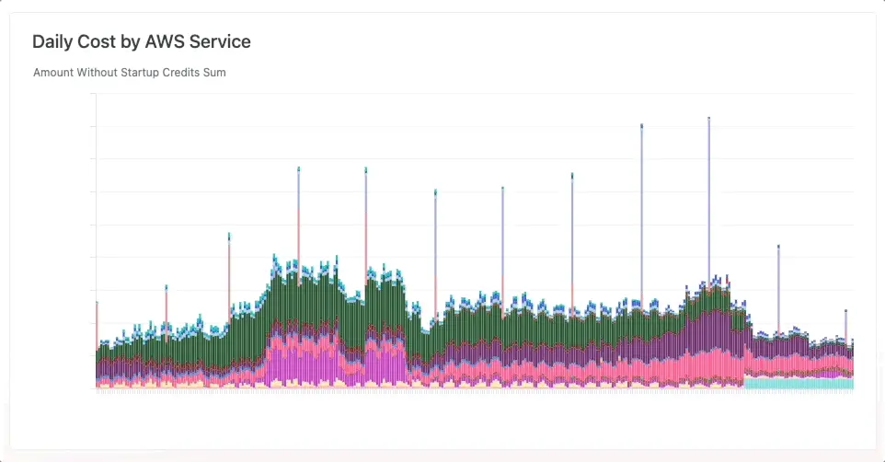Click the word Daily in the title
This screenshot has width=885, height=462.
point(52,41)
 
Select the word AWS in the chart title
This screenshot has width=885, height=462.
point(165,41)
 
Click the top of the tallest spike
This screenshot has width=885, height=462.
point(708,119)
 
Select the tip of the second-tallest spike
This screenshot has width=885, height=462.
point(641,125)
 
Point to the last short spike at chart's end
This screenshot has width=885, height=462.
point(845,312)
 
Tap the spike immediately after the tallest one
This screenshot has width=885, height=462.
point(778,247)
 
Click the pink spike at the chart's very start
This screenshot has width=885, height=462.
point(97,304)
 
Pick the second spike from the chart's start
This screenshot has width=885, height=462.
point(167,287)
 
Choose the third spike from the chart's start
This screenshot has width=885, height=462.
point(229,235)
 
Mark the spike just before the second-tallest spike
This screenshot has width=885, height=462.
point(572,174)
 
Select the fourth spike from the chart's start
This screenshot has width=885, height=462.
point(298,168)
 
